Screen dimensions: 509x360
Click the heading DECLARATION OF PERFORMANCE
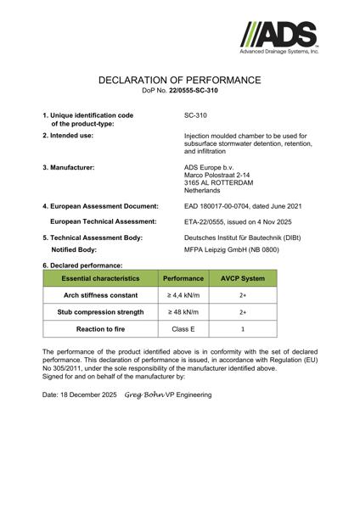[x=179, y=80]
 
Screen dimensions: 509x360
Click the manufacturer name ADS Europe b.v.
[x=210, y=167]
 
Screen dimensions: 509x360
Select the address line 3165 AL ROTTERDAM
[x=219, y=184]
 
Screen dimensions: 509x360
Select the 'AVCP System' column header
[x=244, y=278]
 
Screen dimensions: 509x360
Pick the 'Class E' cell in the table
[x=183, y=328]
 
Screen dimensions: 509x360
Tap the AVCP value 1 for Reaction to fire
[x=244, y=328]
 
